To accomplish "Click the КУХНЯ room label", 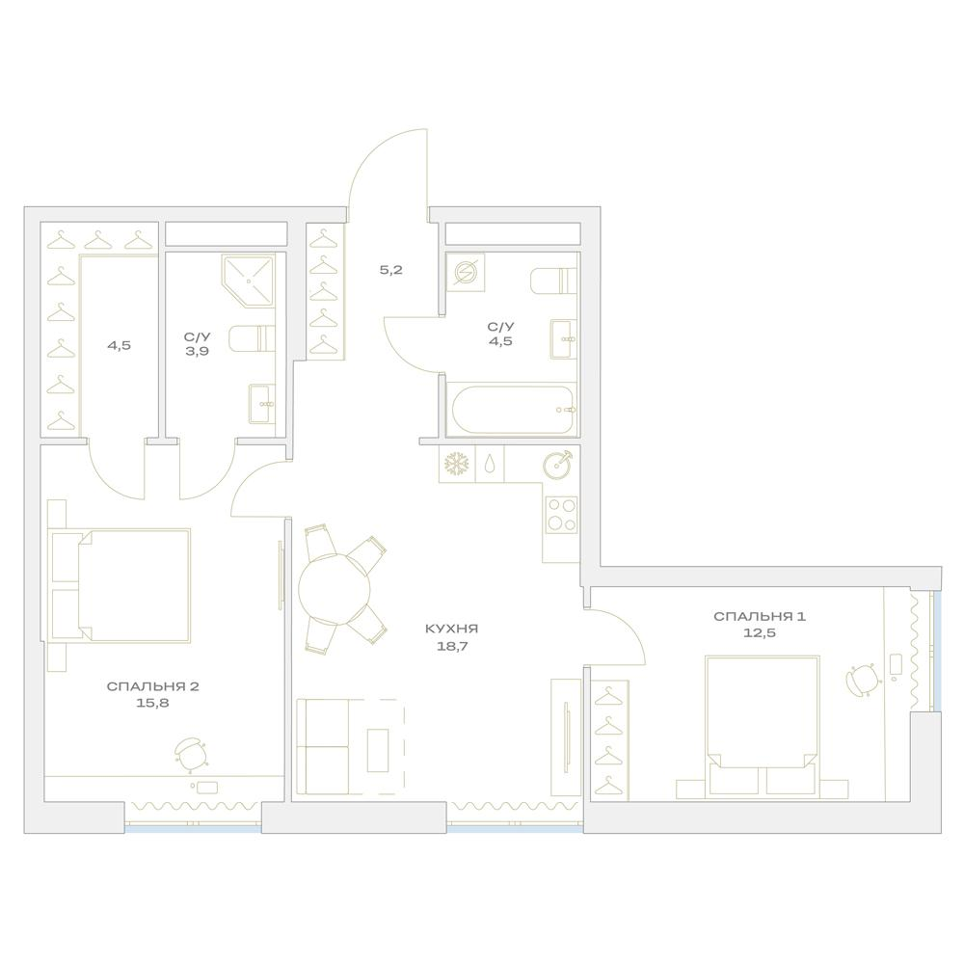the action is [x=451, y=629].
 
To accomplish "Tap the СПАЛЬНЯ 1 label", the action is [x=760, y=617].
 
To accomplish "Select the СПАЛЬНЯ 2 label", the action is [x=152, y=686].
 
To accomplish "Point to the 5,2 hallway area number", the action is [x=391, y=270].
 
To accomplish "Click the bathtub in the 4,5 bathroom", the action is [x=512, y=409].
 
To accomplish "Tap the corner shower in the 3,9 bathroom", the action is [x=249, y=281].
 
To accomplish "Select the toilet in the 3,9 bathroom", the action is [x=252, y=338].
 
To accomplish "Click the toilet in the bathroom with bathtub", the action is [x=554, y=281].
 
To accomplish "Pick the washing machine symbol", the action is [x=466, y=273].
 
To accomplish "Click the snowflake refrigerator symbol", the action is [x=456, y=464].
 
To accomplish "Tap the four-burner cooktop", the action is [x=561, y=515].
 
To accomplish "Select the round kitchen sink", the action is [x=557, y=464].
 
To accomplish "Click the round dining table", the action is [x=335, y=589].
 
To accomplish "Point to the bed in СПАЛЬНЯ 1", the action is [x=763, y=726].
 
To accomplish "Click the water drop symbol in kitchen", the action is [x=489, y=464].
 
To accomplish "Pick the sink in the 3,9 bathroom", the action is [x=262, y=404].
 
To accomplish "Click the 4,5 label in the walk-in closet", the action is [x=119, y=345].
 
